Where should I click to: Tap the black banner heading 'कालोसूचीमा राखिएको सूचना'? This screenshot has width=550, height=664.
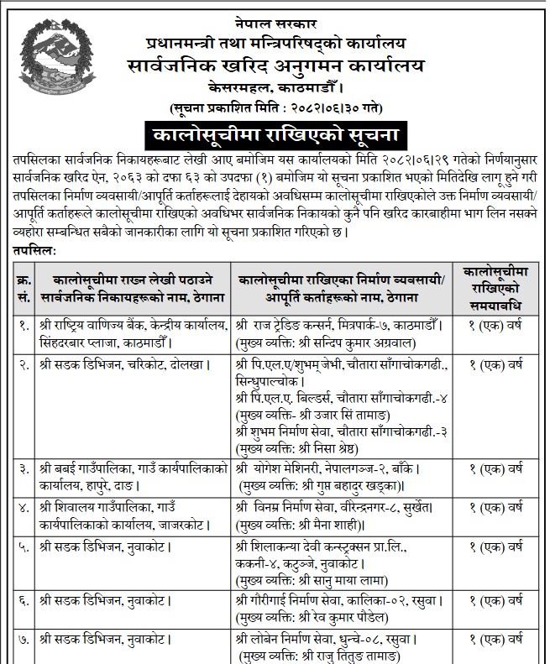pos(274,134)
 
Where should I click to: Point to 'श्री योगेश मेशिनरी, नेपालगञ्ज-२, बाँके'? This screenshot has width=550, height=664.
pos(336,463)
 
